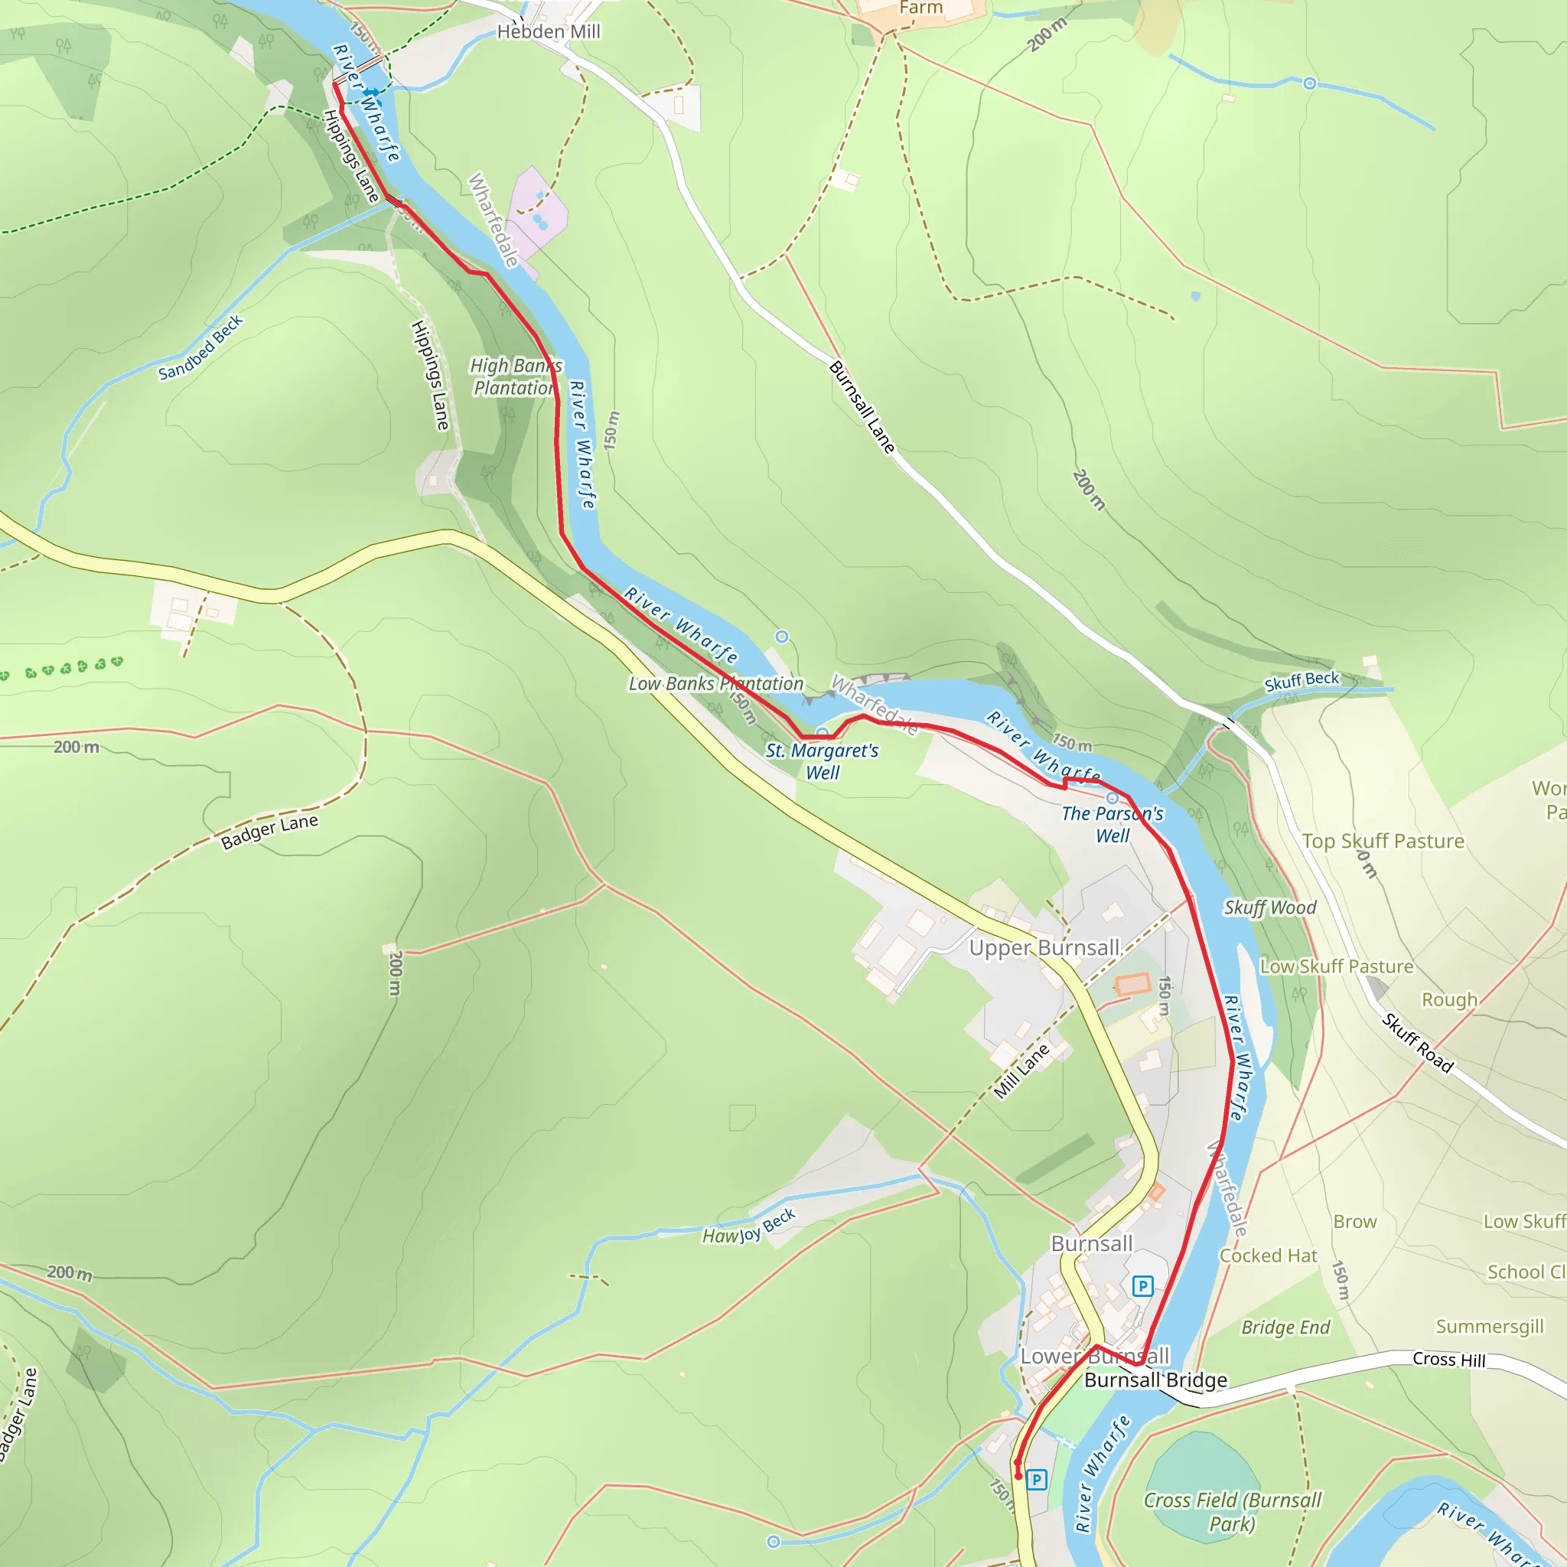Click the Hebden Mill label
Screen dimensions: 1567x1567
pyautogui.click(x=549, y=31)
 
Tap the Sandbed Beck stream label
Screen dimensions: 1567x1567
pyautogui.click(x=200, y=348)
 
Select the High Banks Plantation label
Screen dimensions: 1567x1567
pyautogui.click(x=516, y=377)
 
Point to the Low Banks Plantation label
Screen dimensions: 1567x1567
pyautogui.click(x=715, y=684)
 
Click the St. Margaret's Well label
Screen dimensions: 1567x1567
pyautogui.click(x=822, y=761)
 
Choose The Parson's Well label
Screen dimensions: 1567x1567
pyautogui.click(x=1112, y=824)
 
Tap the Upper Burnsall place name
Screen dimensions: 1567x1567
pyautogui.click(x=1044, y=947)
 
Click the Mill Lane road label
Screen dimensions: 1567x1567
pyautogui.click(x=1022, y=1071)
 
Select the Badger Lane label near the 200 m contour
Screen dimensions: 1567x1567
pyautogui.click(x=269, y=832)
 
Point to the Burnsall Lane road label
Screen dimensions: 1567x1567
pyautogui.click(x=862, y=407)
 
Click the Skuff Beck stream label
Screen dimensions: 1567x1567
pyautogui.click(x=1301, y=681)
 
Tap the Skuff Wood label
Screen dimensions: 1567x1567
pyautogui.click(x=1270, y=907)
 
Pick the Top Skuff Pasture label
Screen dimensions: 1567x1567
pyautogui.click(x=1383, y=841)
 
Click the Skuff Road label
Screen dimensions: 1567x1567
pyautogui.click(x=1417, y=1043)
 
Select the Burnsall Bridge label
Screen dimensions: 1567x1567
pyautogui.click(x=1156, y=1380)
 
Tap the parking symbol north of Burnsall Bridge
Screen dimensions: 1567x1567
pyautogui.click(x=1142, y=1285)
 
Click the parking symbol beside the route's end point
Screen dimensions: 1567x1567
pyautogui.click(x=1037, y=1481)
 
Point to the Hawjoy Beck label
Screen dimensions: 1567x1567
pyautogui.click(x=748, y=1227)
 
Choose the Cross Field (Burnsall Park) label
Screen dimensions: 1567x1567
pyautogui.click(x=1232, y=1512)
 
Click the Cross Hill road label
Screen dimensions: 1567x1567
pyautogui.click(x=1448, y=1360)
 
